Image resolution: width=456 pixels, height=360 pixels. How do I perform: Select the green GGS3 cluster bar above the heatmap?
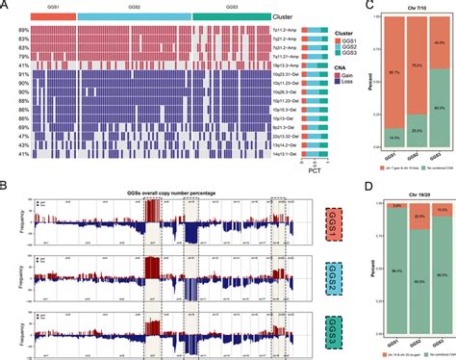pyautogui.click(x=231, y=17)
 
